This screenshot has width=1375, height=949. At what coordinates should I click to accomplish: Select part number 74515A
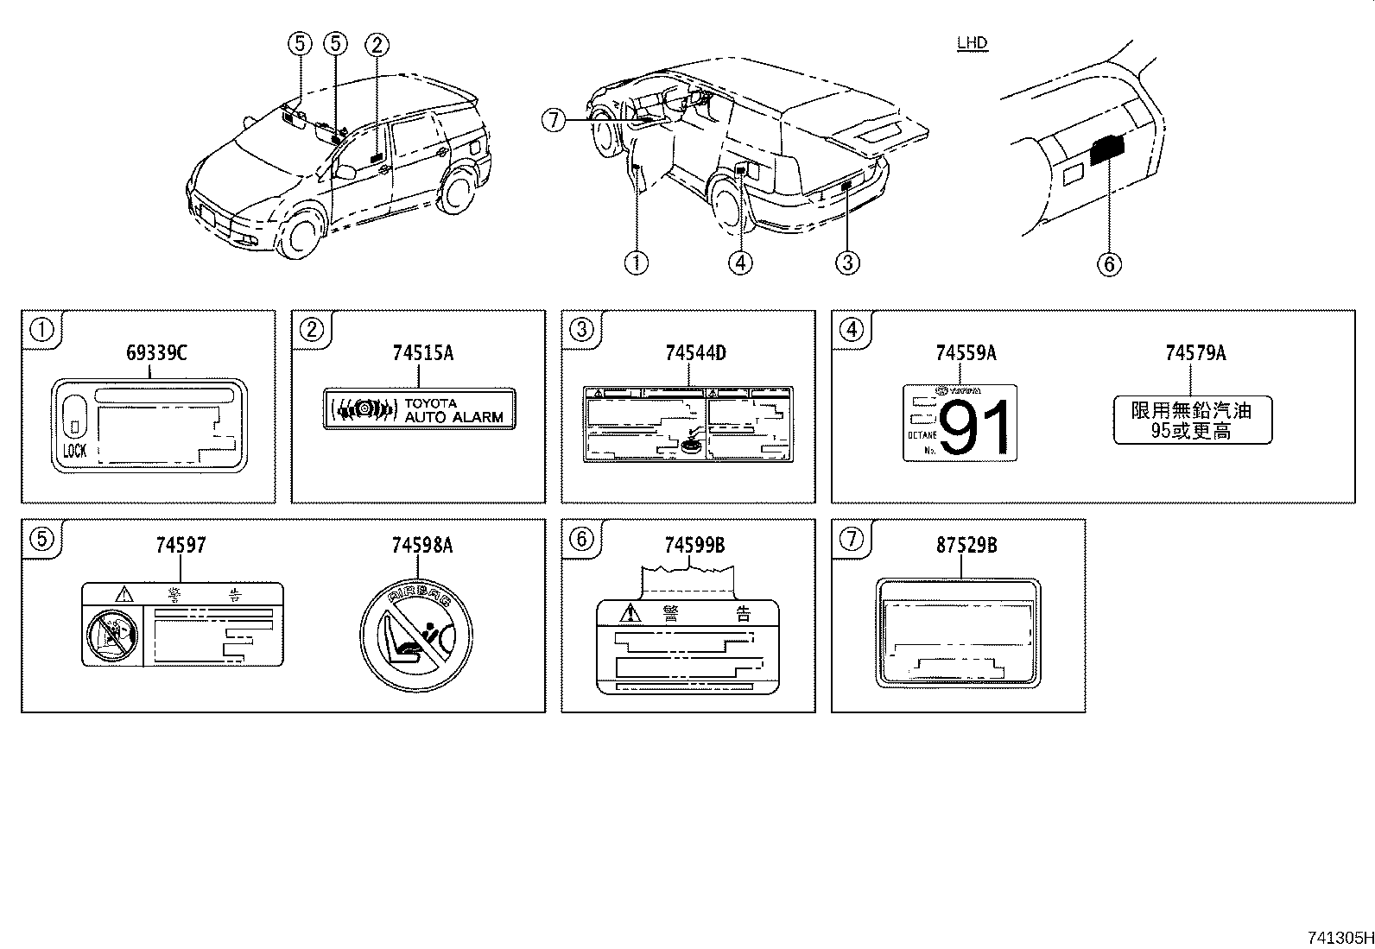click(x=422, y=353)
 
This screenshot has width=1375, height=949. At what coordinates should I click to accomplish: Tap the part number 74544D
click(x=695, y=353)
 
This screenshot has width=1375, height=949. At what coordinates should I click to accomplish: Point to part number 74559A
click(x=966, y=353)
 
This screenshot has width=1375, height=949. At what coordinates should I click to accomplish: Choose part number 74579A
click(x=1195, y=353)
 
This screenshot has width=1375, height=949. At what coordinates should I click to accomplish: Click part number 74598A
click(x=422, y=546)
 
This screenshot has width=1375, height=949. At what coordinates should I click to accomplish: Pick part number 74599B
click(x=694, y=546)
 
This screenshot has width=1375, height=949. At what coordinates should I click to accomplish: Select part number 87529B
click(x=966, y=546)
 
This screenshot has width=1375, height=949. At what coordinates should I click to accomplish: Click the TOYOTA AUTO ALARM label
click(x=418, y=410)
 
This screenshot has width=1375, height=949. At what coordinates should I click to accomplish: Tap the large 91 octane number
click(x=975, y=428)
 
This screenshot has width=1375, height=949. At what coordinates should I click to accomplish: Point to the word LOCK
click(x=75, y=451)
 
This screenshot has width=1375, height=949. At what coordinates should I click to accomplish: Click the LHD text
click(x=973, y=43)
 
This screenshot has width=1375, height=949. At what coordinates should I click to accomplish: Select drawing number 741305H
click(x=1338, y=937)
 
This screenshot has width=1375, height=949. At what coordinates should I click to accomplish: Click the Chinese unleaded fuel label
click(x=1192, y=420)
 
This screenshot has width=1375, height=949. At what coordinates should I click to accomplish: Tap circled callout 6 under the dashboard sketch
click(x=1109, y=263)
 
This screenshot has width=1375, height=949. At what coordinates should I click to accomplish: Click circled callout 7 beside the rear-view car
click(x=554, y=121)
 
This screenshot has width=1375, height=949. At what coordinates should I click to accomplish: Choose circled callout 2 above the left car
click(x=377, y=44)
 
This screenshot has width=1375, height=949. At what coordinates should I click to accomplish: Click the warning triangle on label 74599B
click(x=631, y=614)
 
